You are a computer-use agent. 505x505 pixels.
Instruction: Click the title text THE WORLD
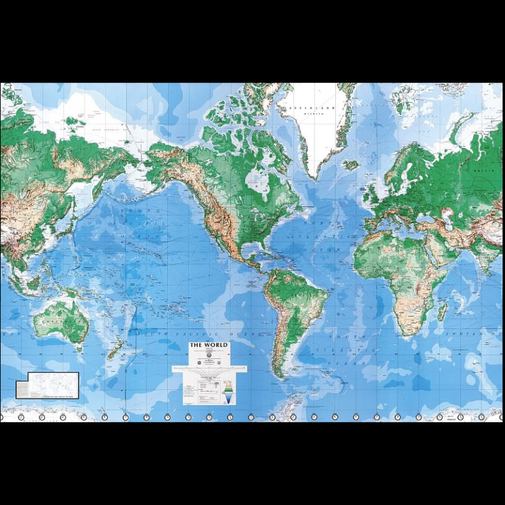coord(209,345)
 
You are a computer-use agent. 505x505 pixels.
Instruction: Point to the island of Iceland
coord(351,165)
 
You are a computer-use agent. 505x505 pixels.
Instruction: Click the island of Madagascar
coord(442,310)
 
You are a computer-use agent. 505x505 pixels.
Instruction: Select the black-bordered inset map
coord(47,385)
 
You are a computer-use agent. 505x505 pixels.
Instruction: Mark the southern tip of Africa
coord(406,334)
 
